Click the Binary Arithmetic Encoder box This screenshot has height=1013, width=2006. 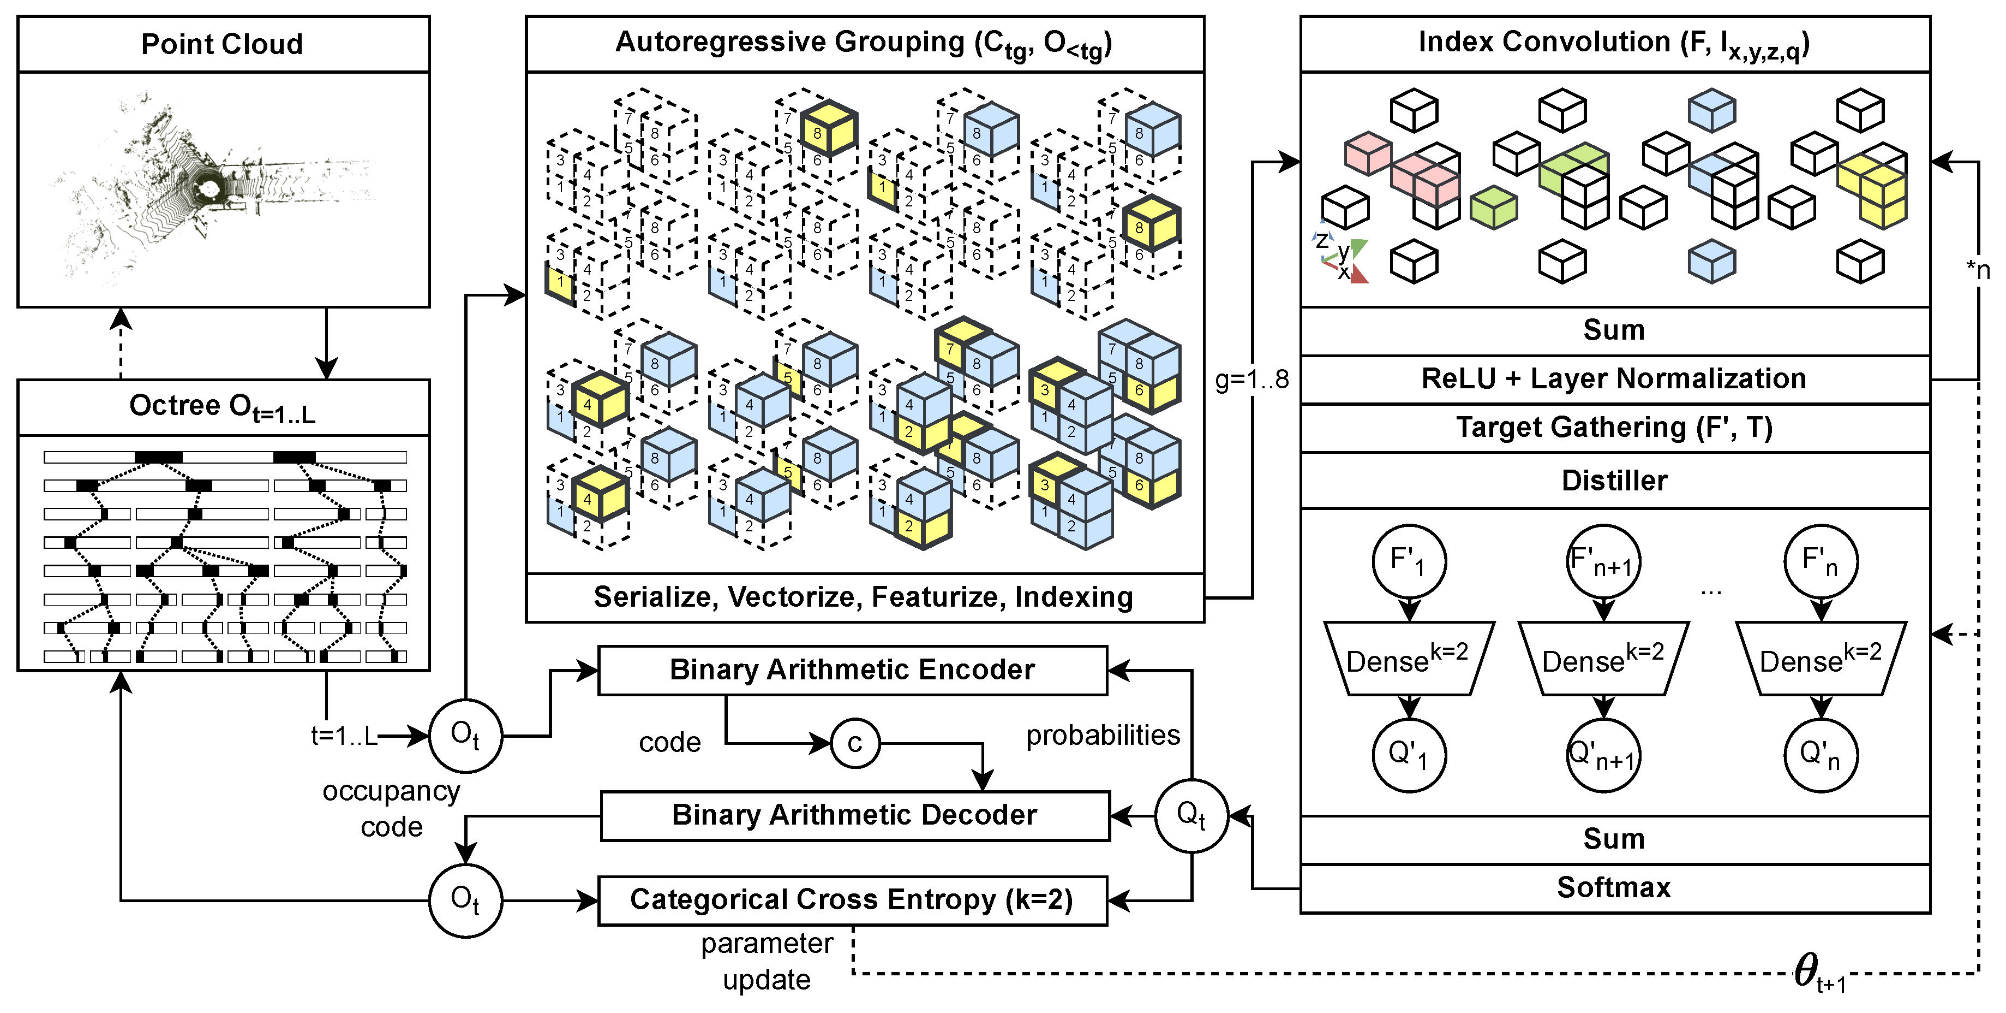852,670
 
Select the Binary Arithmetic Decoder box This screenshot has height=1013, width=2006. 854,815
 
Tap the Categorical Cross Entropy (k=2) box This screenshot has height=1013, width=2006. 852,900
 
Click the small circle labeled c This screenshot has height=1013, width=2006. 855,743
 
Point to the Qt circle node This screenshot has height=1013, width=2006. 1191,815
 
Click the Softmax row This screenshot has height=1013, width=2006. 1614,887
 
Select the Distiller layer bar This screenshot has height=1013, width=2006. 1614,480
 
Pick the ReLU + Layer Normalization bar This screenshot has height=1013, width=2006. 1614,378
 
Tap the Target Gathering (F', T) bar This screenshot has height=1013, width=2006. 1614,428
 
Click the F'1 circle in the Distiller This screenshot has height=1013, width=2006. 1409,561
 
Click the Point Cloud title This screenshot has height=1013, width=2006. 222,44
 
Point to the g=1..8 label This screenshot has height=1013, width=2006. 1251,380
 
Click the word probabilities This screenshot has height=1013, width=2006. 1102,735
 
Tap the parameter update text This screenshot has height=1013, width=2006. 767,961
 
